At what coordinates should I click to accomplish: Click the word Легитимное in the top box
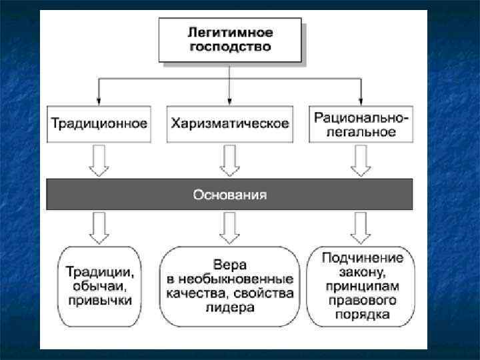[229, 32]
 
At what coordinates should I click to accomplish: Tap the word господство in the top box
[229, 47]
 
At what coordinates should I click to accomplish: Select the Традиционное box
[99, 124]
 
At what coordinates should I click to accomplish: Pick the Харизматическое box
[229, 124]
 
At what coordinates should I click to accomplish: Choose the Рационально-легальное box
[361, 124]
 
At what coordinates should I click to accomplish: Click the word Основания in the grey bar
[229, 195]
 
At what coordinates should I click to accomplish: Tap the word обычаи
[99, 286]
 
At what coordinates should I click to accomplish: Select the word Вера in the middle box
[229, 265]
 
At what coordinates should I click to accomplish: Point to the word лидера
[229, 307]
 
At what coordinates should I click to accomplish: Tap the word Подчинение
[361, 257]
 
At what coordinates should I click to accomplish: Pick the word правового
[361, 300]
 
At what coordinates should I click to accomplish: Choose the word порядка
[361, 314]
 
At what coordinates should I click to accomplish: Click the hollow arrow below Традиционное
[99, 161]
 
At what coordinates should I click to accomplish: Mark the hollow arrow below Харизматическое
[229, 161]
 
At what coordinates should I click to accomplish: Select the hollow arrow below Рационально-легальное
[361, 161]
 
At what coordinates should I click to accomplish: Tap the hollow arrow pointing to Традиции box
[99, 227]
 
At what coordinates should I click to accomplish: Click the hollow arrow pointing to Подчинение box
[361, 227]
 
